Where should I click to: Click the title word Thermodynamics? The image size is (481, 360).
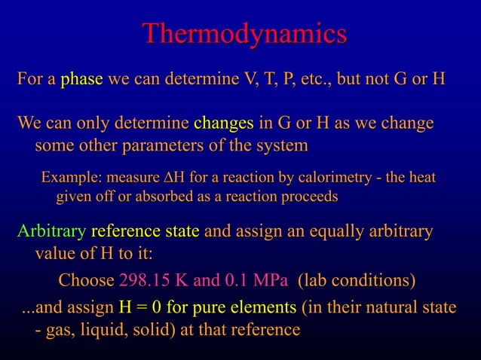(x=244, y=35)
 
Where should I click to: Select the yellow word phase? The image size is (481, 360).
(x=81, y=79)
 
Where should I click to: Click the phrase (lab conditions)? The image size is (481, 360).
(x=357, y=281)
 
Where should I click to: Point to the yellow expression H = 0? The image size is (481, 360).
(x=141, y=308)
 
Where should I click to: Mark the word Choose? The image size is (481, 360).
(x=86, y=281)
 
